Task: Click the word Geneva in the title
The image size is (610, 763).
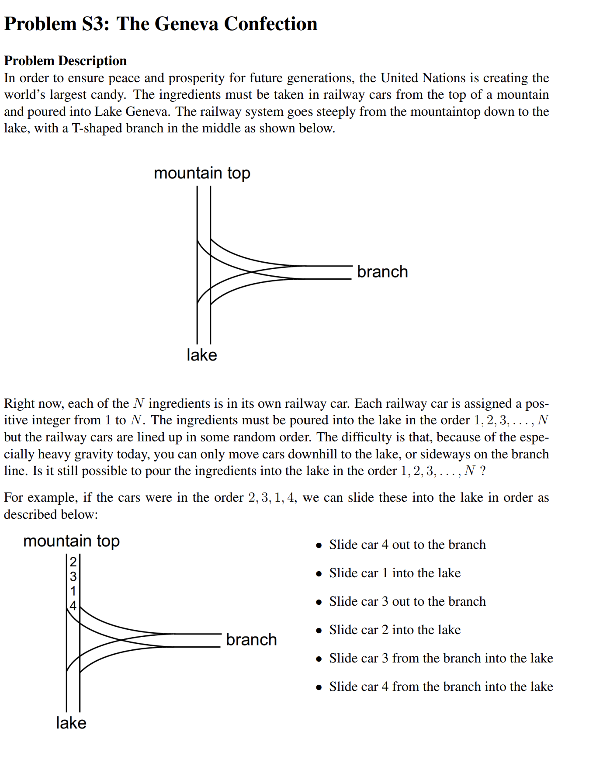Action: coord(186,24)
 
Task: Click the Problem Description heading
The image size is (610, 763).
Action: coord(66,61)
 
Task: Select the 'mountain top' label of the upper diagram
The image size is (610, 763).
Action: coord(202,173)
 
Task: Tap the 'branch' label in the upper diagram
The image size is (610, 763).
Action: coord(382,272)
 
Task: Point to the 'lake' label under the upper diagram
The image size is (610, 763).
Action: coord(201,355)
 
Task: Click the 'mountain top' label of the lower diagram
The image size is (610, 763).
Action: coord(71,541)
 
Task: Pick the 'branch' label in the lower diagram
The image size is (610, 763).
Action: coord(251,640)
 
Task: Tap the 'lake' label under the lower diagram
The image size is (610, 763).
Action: coord(71,723)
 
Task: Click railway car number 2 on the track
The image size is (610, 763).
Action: coord(73,562)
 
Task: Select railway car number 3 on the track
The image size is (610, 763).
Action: coord(73,576)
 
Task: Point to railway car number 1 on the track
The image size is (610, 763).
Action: coord(73,591)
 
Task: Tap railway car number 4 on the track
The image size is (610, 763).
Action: coord(73,606)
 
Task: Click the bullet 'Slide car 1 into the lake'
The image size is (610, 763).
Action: coord(395,573)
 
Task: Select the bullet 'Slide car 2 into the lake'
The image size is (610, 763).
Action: coord(395,630)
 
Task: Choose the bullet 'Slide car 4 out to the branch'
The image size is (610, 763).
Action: coord(407,545)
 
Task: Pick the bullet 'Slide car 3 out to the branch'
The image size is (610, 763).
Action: coord(407,601)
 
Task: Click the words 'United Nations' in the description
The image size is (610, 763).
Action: coord(423,78)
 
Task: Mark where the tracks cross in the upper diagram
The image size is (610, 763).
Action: coord(252,272)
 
